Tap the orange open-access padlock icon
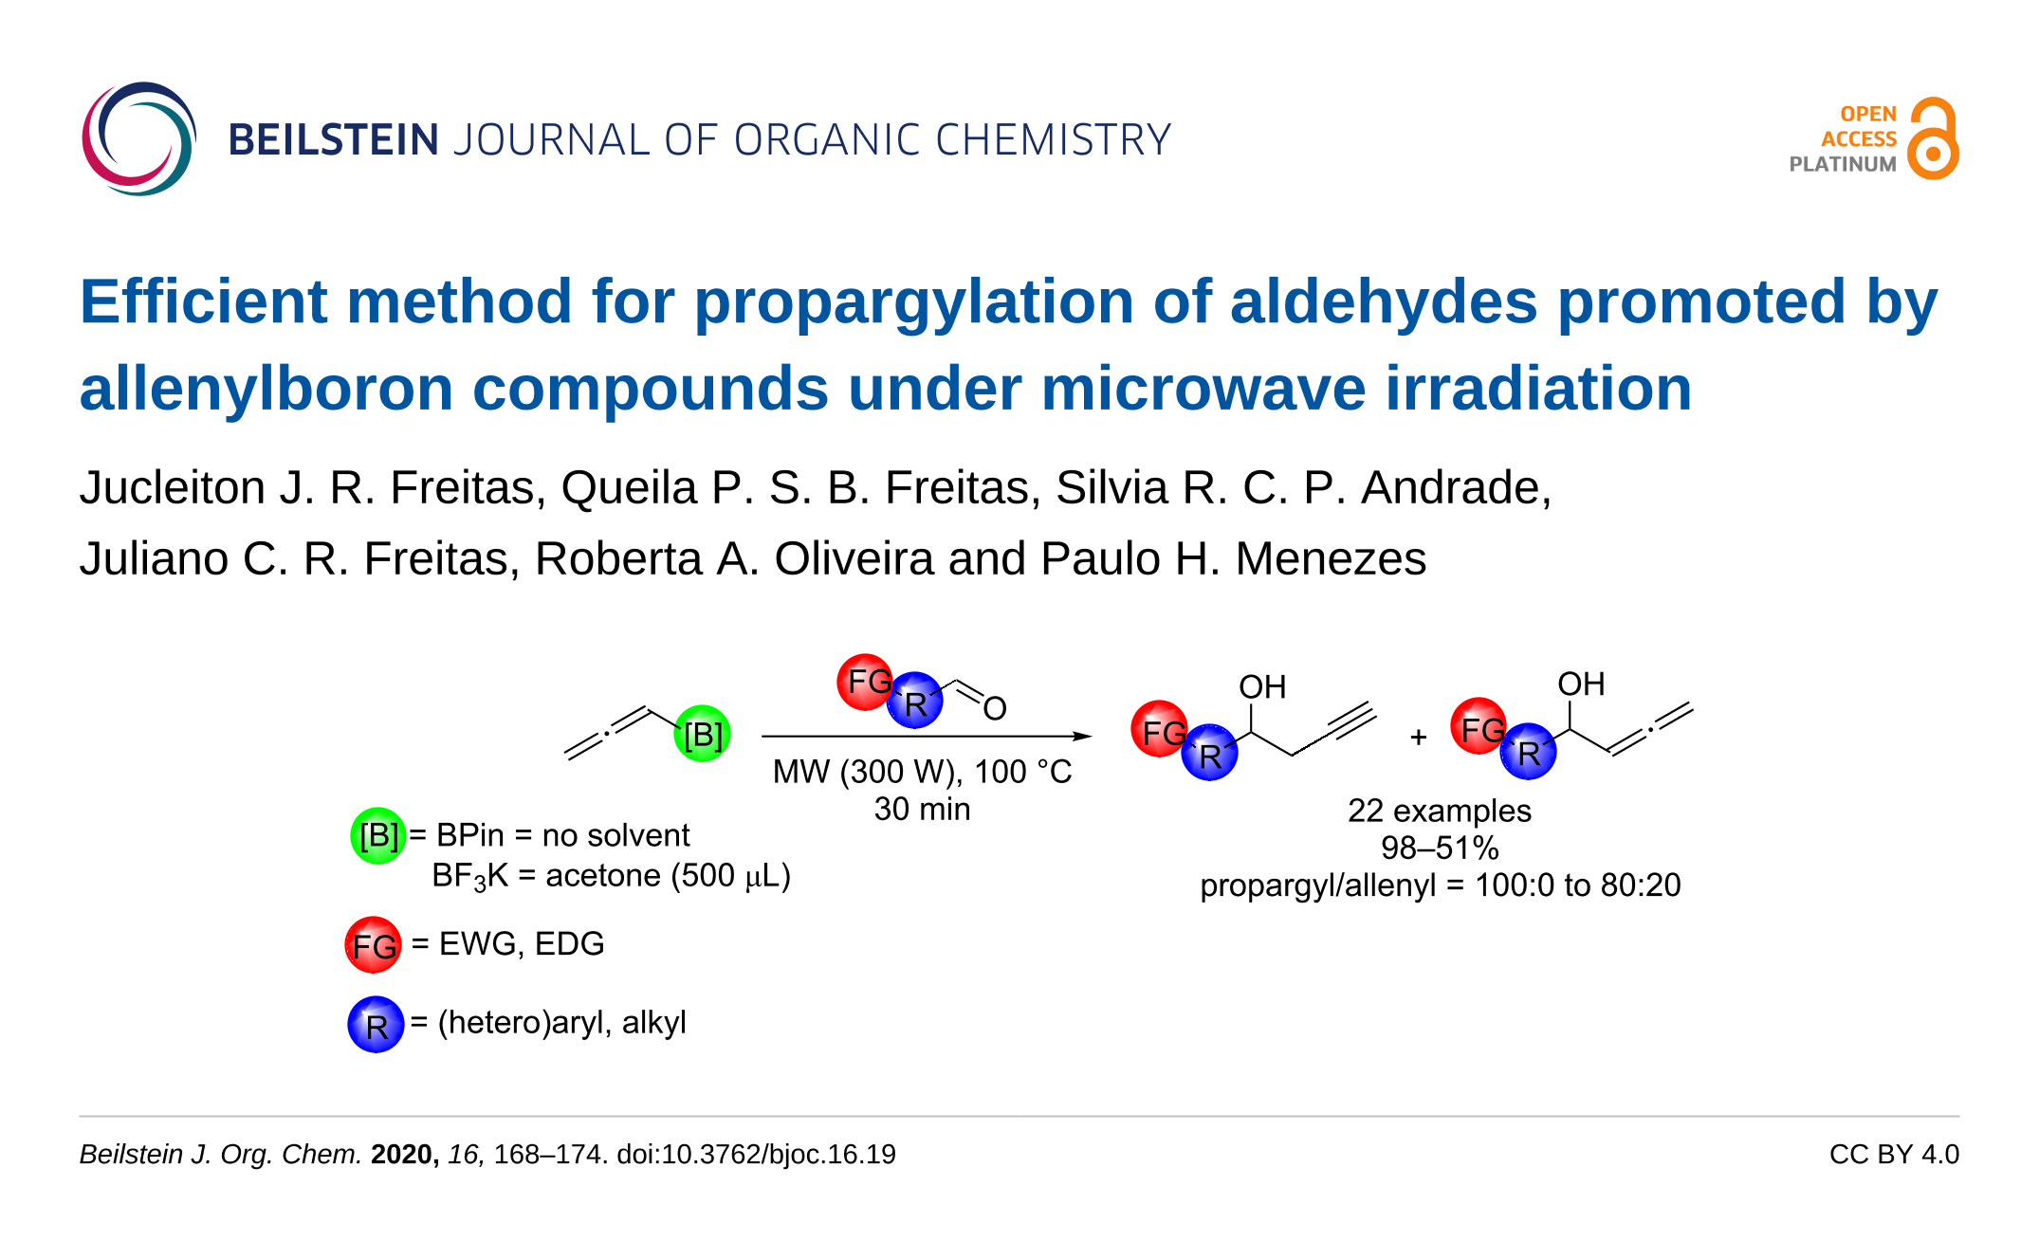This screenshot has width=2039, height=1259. click(1933, 138)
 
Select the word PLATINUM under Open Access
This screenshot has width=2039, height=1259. click(1842, 164)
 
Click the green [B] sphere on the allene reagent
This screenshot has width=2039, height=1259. click(702, 734)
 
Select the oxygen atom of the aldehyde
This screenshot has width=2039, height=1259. click(994, 708)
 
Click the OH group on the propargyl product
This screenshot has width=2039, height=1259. click(1262, 686)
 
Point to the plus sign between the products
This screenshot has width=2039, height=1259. click(1418, 737)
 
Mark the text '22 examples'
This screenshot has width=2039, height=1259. click(1439, 811)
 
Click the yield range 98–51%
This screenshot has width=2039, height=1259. click(1439, 848)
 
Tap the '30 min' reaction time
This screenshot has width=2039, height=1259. click(922, 809)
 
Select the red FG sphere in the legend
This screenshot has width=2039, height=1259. click(374, 944)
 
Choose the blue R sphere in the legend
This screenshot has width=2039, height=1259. click(376, 1024)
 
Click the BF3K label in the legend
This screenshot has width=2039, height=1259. click(470, 876)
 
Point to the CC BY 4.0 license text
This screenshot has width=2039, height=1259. click(1894, 1154)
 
